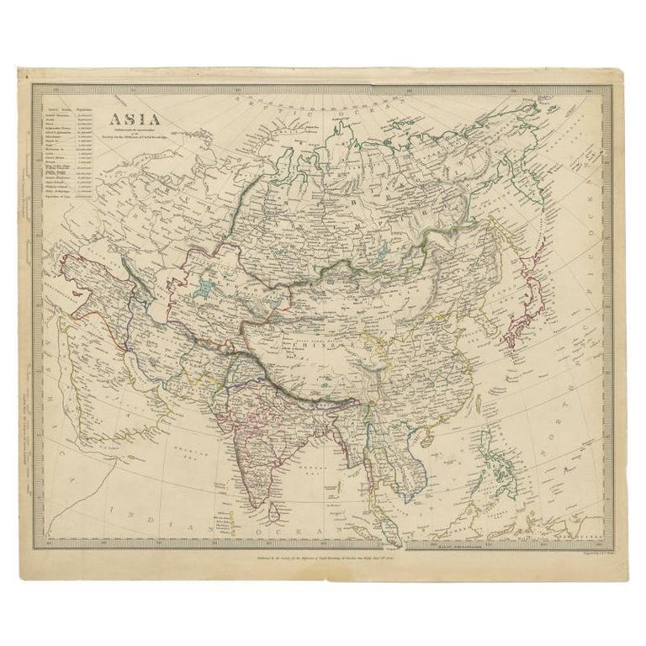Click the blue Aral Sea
[203, 290]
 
